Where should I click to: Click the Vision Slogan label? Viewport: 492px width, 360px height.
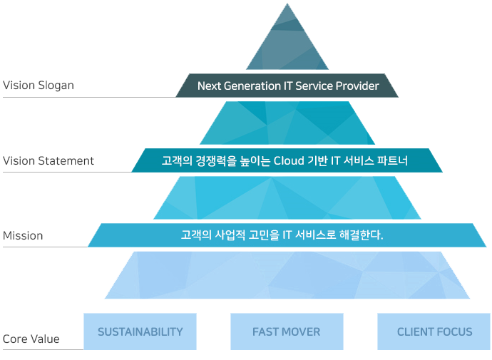(39, 86)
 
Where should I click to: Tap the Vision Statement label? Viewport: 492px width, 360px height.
(48, 160)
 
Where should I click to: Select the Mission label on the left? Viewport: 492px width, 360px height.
(23, 235)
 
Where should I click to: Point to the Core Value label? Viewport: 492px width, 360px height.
(31, 339)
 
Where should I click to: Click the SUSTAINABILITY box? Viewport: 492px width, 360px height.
(140, 331)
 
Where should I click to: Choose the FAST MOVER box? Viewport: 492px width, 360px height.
(287, 331)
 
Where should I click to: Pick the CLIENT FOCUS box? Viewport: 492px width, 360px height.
(434, 331)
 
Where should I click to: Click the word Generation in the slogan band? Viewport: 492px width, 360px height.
(252, 86)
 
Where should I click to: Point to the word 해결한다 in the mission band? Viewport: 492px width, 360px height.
(361, 235)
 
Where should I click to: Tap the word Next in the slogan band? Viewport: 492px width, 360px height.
(209, 86)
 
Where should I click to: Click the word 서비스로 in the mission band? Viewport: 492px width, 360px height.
(315, 235)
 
